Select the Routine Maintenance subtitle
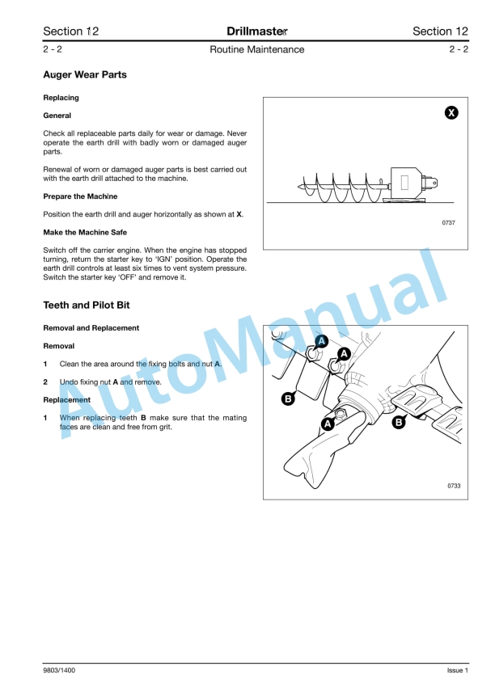pos(256,49)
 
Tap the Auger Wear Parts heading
pos(84,75)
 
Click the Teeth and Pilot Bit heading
pos(86,306)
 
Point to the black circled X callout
pos(452,113)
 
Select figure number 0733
pos(453,485)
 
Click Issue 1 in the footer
pos(457,670)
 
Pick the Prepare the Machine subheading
pos(80,196)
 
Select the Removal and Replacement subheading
pos(91,328)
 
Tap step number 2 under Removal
pos(45,382)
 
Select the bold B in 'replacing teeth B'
pos(143,418)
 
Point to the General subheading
pos(57,116)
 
